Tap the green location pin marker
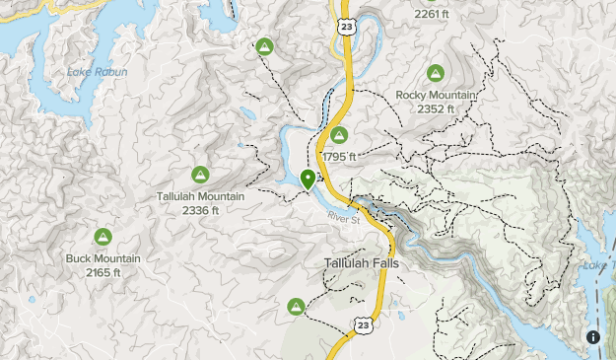pyautogui.click(x=308, y=180)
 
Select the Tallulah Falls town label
pyautogui.click(x=363, y=264)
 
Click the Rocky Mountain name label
pyautogui.click(x=436, y=95)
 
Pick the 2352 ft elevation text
pyautogui.click(x=436, y=108)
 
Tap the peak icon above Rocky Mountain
pyautogui.click(x=436, y=73)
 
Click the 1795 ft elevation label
pyautogui.click(x=338, y=157)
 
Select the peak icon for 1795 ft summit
pyautogui.click(x=339, y=135)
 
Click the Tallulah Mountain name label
pyautogui.click(x=200, y=196)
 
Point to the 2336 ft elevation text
pyautogui.click(x=200, y=210)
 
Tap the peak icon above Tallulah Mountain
pyautogui.click(x=200, y=175)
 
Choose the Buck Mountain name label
pyautogui.click(x=103, y=258)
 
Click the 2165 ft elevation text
pyautogui.click(x=103, y=272)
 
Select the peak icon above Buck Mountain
pyautogui.click(x=103, y=237)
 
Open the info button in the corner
pyautogui.click(x=593, y=337)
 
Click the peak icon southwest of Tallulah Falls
pyautogui.click(x=295, y=308)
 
